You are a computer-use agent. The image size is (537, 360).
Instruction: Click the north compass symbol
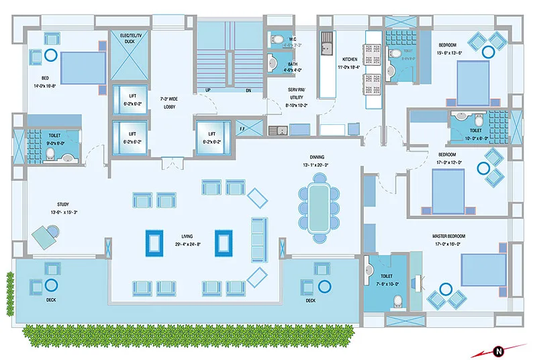[499, 350]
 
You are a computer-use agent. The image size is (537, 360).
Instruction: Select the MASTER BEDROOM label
[450, 236]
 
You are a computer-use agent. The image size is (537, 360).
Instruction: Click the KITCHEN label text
[350, 59]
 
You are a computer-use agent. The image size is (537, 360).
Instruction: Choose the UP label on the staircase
[208, 89]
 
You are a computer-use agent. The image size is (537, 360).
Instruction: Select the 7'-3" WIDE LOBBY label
[169, 103]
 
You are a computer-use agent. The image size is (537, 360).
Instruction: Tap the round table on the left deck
[51, 285]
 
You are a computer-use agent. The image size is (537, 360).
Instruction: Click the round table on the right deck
[326, 285]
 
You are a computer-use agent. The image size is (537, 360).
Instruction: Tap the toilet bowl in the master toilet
[397, 300]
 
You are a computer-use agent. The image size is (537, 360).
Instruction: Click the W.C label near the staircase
[293, 39]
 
